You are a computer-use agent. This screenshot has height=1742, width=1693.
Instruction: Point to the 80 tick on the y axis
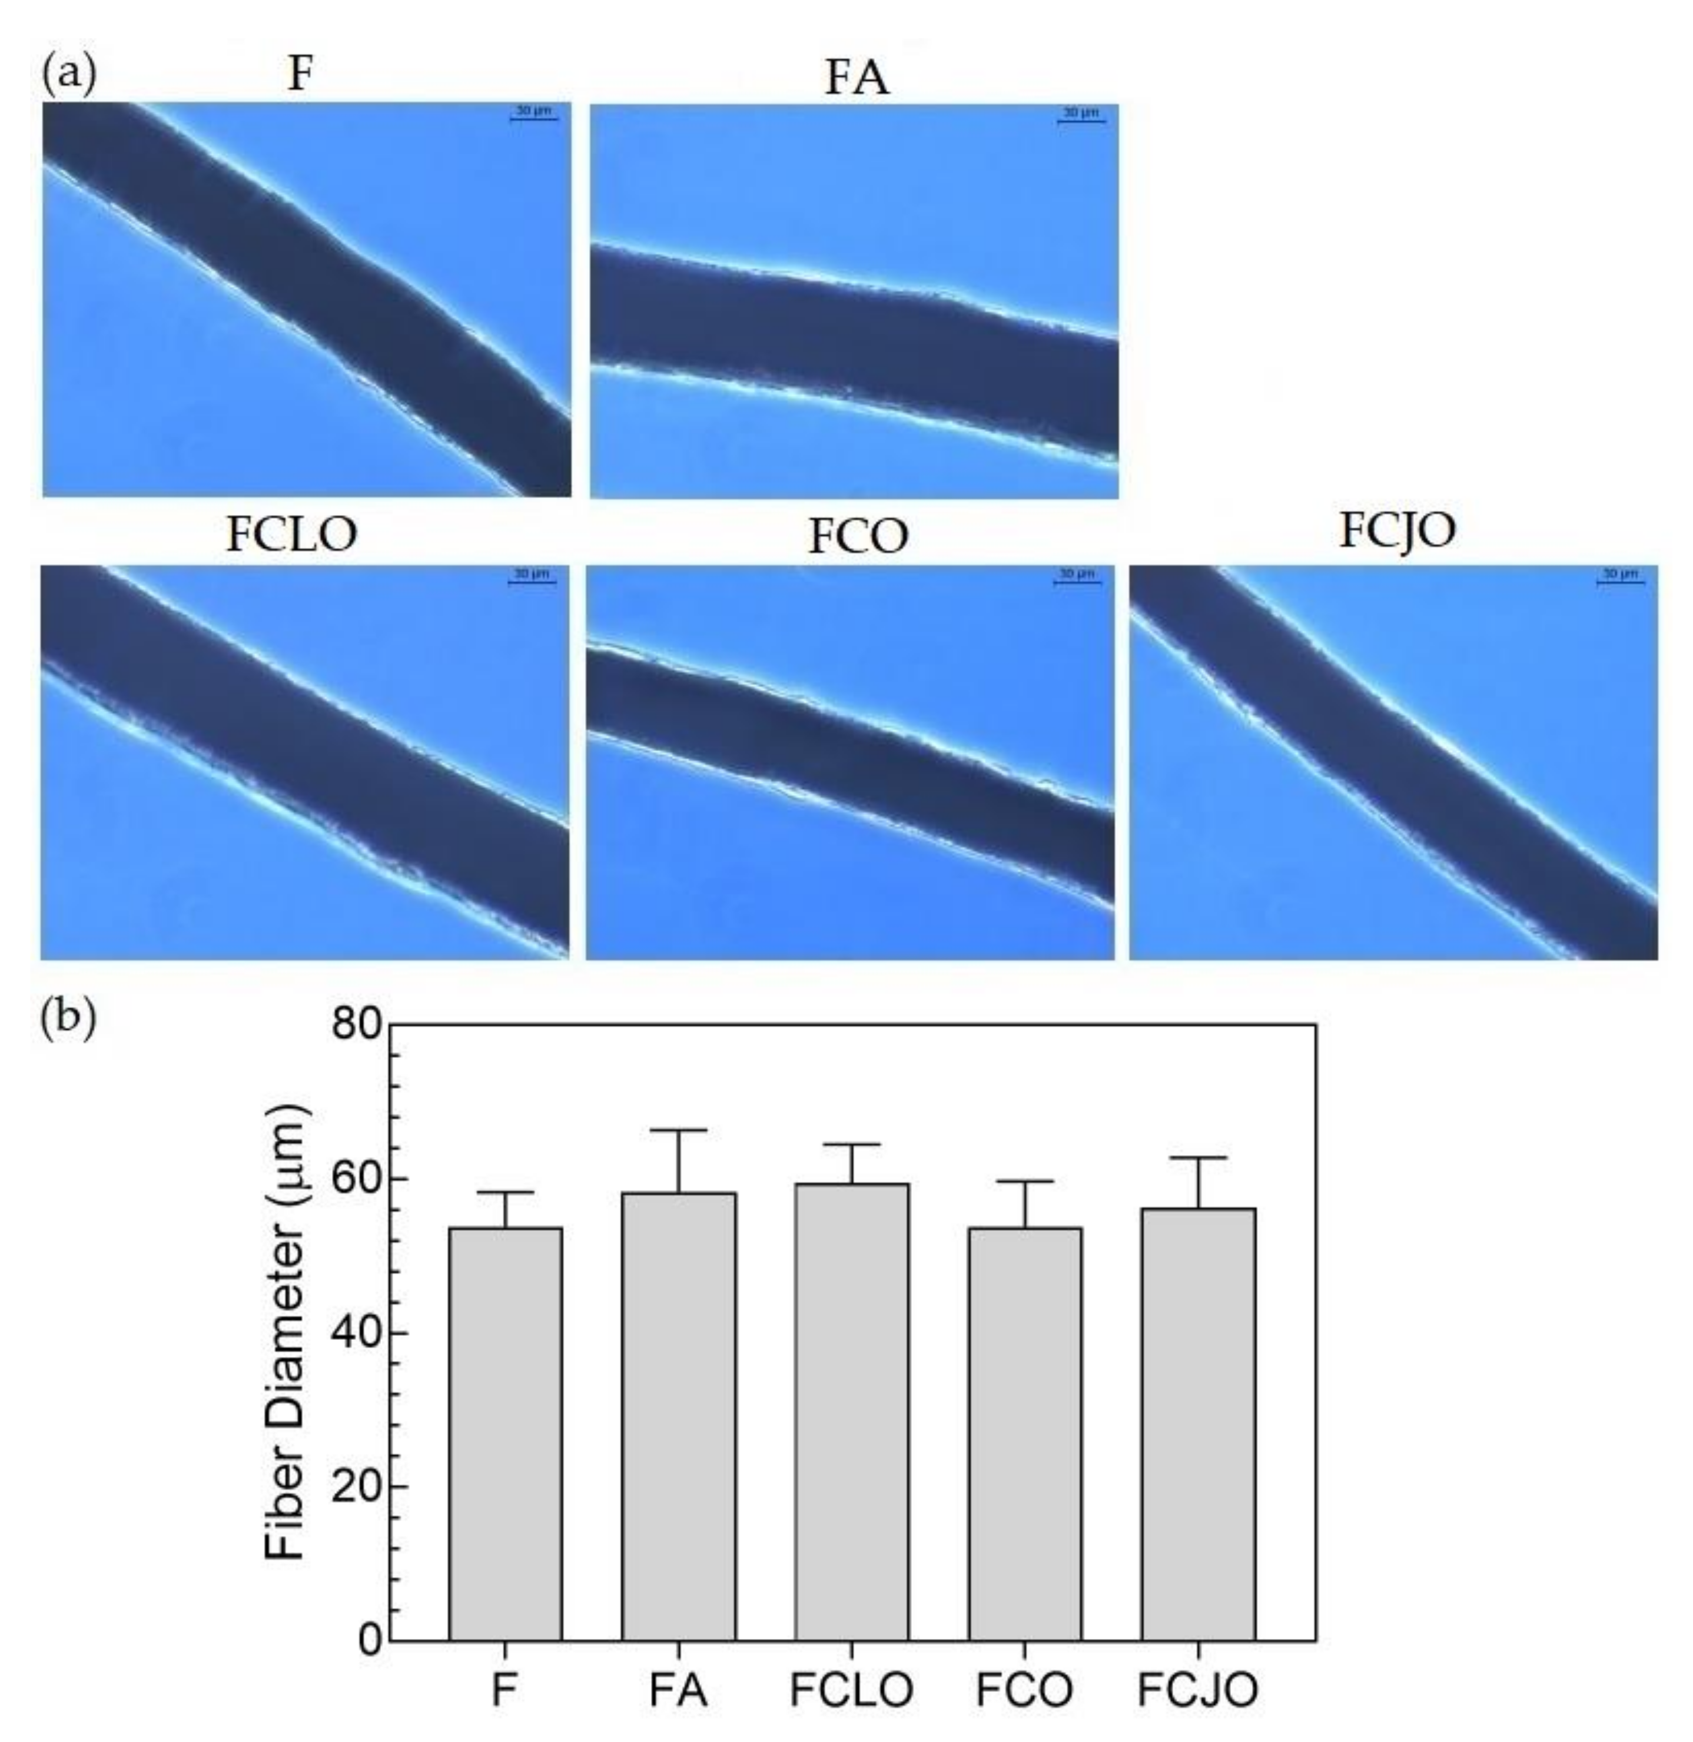tap(391, 1024)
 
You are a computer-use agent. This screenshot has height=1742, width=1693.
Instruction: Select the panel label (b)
tap(68, 1017)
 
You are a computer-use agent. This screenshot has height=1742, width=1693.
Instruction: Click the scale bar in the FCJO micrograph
tap(1620, 582)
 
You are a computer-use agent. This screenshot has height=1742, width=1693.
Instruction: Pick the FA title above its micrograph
tap(857, 78)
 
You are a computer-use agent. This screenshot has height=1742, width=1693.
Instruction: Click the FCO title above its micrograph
tap(858, 536)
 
